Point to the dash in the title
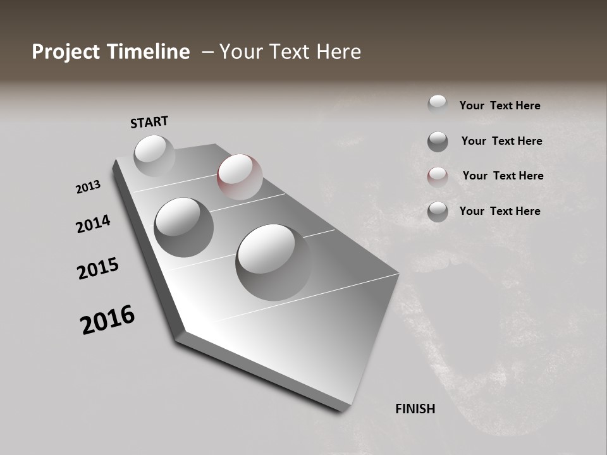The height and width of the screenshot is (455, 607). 207,52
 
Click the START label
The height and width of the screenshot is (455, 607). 149,122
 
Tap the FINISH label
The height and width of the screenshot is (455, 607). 415,409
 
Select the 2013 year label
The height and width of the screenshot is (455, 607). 88,187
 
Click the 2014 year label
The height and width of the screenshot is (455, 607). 93,224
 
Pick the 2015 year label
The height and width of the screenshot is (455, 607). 98,269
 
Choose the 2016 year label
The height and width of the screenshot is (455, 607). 107,320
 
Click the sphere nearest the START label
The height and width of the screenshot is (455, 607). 154,155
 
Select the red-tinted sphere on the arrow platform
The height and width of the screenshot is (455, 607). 240,176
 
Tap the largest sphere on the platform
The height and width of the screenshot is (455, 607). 274,262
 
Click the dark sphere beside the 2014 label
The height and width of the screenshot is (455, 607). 183,227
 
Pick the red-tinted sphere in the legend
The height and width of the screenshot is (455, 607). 438,177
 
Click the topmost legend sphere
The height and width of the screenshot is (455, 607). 438,105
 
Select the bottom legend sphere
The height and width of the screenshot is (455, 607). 438,212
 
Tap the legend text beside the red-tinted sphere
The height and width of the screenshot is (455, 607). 503,176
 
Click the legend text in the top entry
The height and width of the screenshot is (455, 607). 500,106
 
